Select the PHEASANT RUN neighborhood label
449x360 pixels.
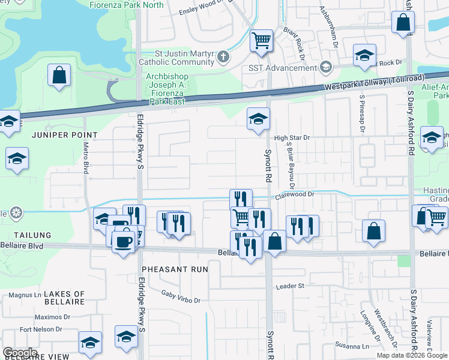tap(175, 269)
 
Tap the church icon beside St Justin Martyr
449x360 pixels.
tap(223, 57)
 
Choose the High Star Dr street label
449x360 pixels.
tap(292, 137)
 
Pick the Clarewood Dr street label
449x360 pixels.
tap(295, 194)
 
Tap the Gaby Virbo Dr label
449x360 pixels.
tap(181, 295)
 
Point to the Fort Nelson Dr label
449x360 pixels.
tap(41, 329)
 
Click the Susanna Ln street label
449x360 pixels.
tap(352, 346)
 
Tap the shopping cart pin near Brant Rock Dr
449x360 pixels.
tap(261, 41)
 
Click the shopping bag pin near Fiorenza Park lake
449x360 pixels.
tap(59, 76)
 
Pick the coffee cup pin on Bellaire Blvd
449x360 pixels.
tap(124, 242)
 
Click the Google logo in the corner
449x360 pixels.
tap(20, 353)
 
